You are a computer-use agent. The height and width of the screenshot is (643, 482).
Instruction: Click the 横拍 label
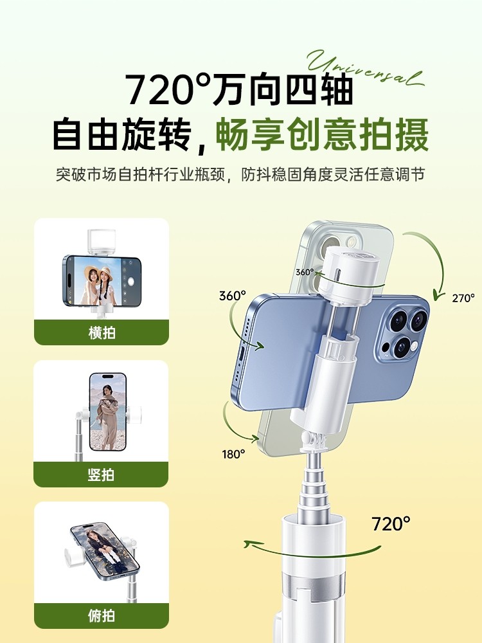(x=101, y=333)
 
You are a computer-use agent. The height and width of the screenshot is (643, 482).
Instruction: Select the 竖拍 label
(x=101, y=475)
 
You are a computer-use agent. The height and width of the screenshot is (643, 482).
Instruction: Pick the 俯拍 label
(x=101, y=615)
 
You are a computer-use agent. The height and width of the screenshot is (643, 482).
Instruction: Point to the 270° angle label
(x=463, y=298)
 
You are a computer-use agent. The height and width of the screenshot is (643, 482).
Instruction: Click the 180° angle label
(x=234, y=454)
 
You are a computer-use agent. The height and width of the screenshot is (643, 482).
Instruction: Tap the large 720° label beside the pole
(x=391, y=523)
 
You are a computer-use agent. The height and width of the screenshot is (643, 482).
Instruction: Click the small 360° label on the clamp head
(x=304, y=271)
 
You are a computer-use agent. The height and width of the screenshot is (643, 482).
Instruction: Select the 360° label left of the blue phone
(x=232, y=296)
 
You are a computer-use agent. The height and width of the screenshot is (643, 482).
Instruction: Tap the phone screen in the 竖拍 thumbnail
(x=107, y=412)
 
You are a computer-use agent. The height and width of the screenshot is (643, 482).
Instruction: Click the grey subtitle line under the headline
(x=240, y=175)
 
